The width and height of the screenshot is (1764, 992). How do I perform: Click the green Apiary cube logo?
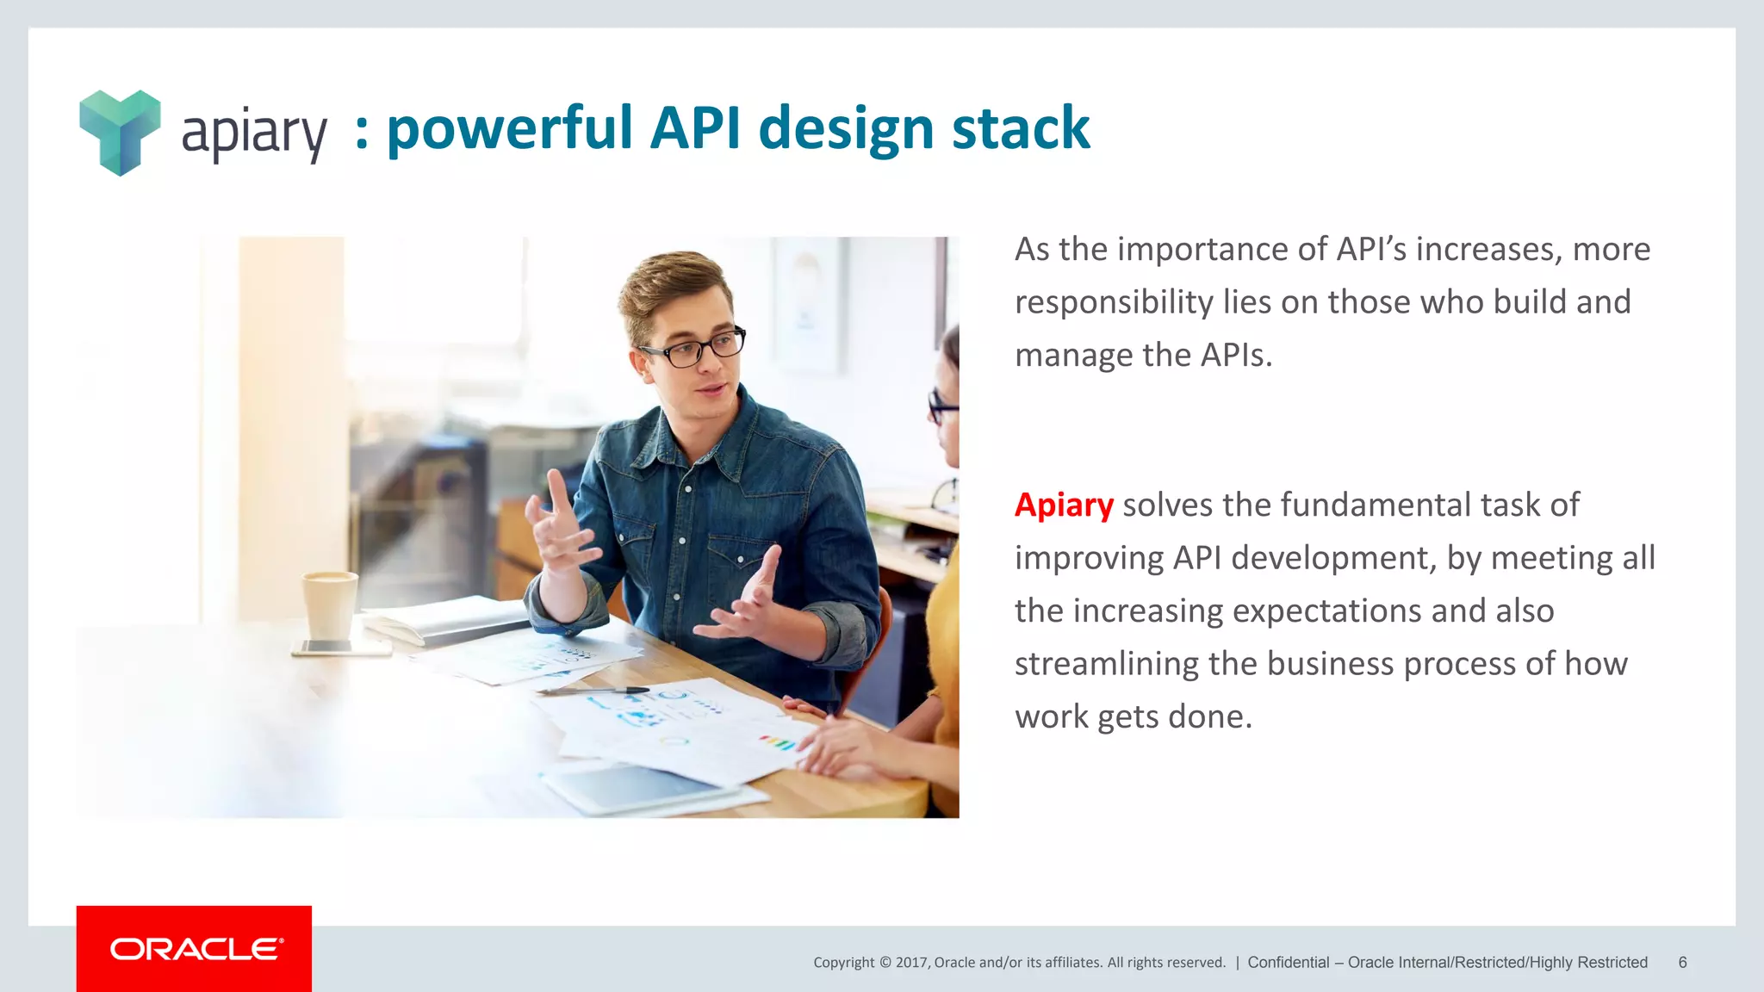[x=120, y=132]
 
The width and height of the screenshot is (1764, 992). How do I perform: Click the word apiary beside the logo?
[x=254, y=133]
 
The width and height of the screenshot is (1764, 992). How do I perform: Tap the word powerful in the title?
[x=509, y=129]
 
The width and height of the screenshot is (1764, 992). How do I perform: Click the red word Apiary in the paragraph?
[x=1064, y=505]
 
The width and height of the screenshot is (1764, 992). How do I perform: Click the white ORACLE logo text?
[x=196, y=949]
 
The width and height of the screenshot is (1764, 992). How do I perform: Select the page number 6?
[x=1682, y=963]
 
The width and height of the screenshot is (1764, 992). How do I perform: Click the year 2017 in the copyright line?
[x=910, y=963]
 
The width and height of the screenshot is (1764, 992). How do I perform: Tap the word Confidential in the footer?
[x=1288, y=963]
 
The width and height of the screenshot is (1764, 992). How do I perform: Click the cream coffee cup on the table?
[x=330, y=604]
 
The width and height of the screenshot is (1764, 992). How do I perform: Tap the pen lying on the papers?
[x=594, y=690]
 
